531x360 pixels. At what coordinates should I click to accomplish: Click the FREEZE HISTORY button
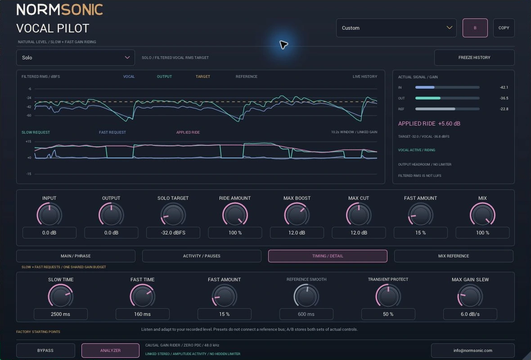[474, 58]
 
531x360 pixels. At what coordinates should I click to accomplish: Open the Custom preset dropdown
[396, 28]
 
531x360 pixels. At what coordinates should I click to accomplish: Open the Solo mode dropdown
[76, 58]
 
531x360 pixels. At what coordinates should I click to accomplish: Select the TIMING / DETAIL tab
[328, 256]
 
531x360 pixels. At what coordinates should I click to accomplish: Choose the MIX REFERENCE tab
[454, 256]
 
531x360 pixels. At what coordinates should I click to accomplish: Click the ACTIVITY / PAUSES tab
[202, 256]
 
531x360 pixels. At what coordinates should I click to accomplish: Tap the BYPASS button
[45, 351]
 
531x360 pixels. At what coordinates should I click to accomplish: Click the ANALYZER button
[110, 351]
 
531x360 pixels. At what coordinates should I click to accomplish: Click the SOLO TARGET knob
[173, 215]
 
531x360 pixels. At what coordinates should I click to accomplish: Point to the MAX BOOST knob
[297, 215]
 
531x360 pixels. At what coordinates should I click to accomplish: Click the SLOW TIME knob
[61, 296]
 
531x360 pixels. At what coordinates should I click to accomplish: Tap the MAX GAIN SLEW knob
[470, 296]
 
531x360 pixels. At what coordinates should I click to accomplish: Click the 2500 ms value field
[61, 314]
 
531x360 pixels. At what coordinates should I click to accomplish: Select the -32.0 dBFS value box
[173, 233]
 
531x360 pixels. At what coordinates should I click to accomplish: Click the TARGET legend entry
[203, 76]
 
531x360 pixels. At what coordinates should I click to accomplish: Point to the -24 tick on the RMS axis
[29, 98]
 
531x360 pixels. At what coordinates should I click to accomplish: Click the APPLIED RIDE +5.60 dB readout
[429, 124]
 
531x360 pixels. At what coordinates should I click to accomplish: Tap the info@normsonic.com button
[473, 351]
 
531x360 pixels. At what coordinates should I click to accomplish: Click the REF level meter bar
[447, 109]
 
